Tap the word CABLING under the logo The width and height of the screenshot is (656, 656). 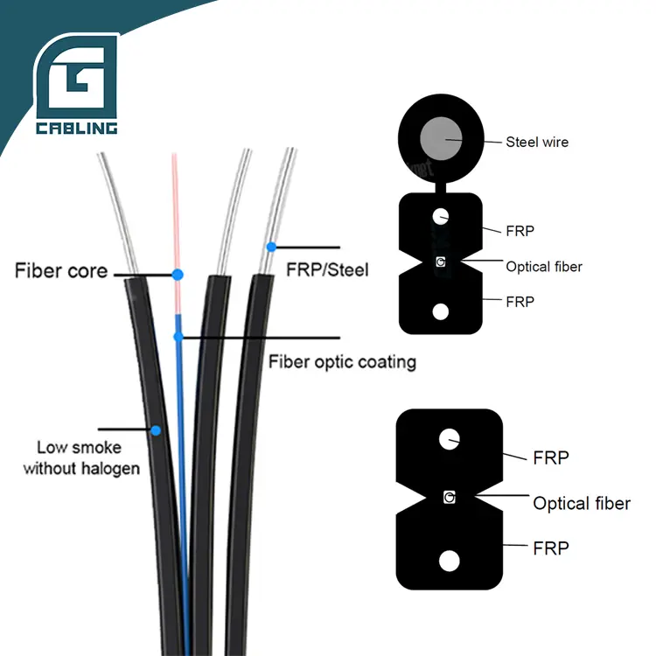click(x=76, y=129)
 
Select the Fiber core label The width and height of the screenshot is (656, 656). click(x=61, y=270)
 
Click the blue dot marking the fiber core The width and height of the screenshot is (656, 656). click(x=178, y=275)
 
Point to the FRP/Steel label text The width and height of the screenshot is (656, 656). click(x=328, y=269)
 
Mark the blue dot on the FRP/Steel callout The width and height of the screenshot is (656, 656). click(x=272, y=247)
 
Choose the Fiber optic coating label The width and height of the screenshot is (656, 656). click(x=342, y=361)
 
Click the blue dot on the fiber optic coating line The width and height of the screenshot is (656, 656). click(x=178, y=336)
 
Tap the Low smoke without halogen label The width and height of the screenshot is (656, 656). click(x=81, y=458)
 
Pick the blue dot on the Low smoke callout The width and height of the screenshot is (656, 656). click(x=156, y=430)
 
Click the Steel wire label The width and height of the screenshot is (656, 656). click(x=537, y=141)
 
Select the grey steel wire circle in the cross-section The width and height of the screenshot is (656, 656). click(x=442, y=140)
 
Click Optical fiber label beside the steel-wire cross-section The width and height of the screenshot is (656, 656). click(x=544, y=266)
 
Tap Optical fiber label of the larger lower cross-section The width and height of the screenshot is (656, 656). click(x=582, y=503)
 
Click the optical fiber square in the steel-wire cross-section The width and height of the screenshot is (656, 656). click(x=441, y=262)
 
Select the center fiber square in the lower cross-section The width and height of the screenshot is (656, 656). click(x=449, y=498)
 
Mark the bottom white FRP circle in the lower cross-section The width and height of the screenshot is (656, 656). click(x=449, y=559)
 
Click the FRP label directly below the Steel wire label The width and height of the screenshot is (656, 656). click(x=520, y=231)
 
